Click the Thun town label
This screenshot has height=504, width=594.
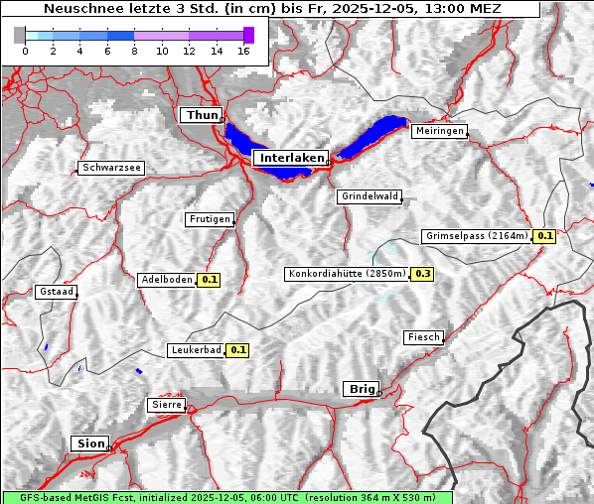click(201, 116)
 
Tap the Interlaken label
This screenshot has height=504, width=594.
click(290, 158)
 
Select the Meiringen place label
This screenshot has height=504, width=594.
click(439, 131)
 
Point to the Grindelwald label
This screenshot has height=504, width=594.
click(370, 196)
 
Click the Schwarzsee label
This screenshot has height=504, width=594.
click(112, 168)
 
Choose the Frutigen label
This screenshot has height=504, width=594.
click(209, 218)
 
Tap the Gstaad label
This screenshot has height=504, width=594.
click(56, 292)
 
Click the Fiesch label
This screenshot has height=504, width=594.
click(423, 337)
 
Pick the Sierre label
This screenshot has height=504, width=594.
click(165, 405)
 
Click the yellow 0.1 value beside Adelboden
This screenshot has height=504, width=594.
click(210, 280)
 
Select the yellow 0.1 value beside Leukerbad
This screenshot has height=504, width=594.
click(238, 350)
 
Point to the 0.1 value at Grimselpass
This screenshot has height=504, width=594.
click(544, 236)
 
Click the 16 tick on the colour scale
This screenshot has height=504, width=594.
click(243, 51)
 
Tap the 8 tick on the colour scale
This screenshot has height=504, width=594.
click(134, 51)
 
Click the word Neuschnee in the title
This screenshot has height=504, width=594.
click(82, 9)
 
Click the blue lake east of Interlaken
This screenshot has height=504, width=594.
click(374, 136)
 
